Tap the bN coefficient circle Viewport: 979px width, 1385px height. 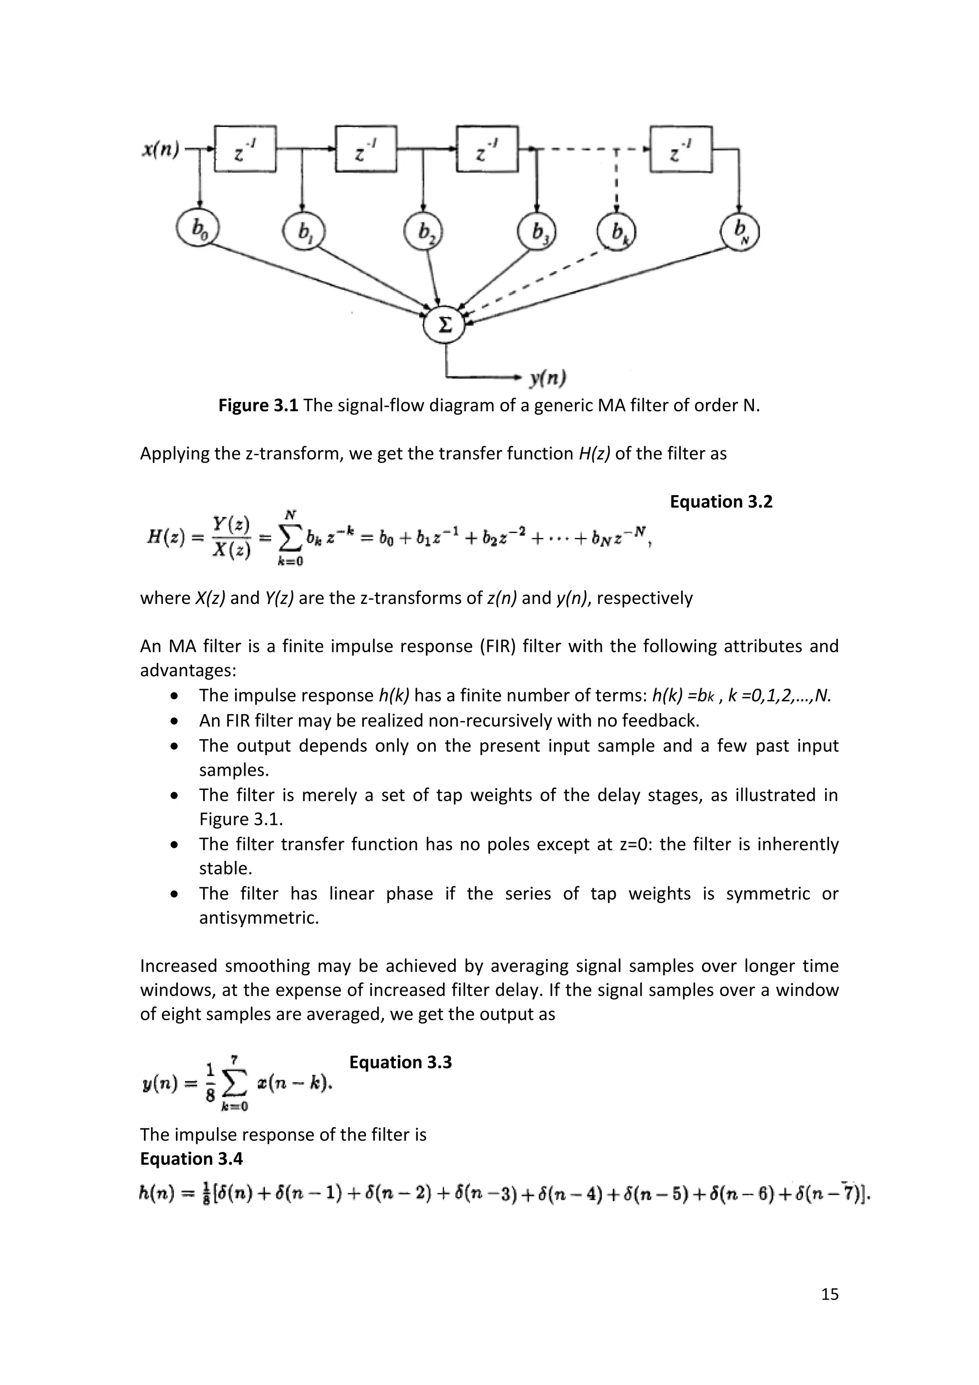point(740,231)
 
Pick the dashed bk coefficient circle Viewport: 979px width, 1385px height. point(616,231)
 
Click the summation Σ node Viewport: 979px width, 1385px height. point(445,326)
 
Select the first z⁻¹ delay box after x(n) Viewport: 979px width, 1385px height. point(245,149)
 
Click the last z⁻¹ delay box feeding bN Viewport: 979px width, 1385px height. point(681,149)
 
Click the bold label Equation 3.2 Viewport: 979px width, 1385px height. point(721,502)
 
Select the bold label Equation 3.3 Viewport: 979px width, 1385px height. point(400,1062)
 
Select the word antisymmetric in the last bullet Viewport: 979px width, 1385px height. point(259,918)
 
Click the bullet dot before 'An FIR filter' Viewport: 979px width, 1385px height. point(174,721)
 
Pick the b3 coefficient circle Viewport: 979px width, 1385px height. point(536,231)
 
